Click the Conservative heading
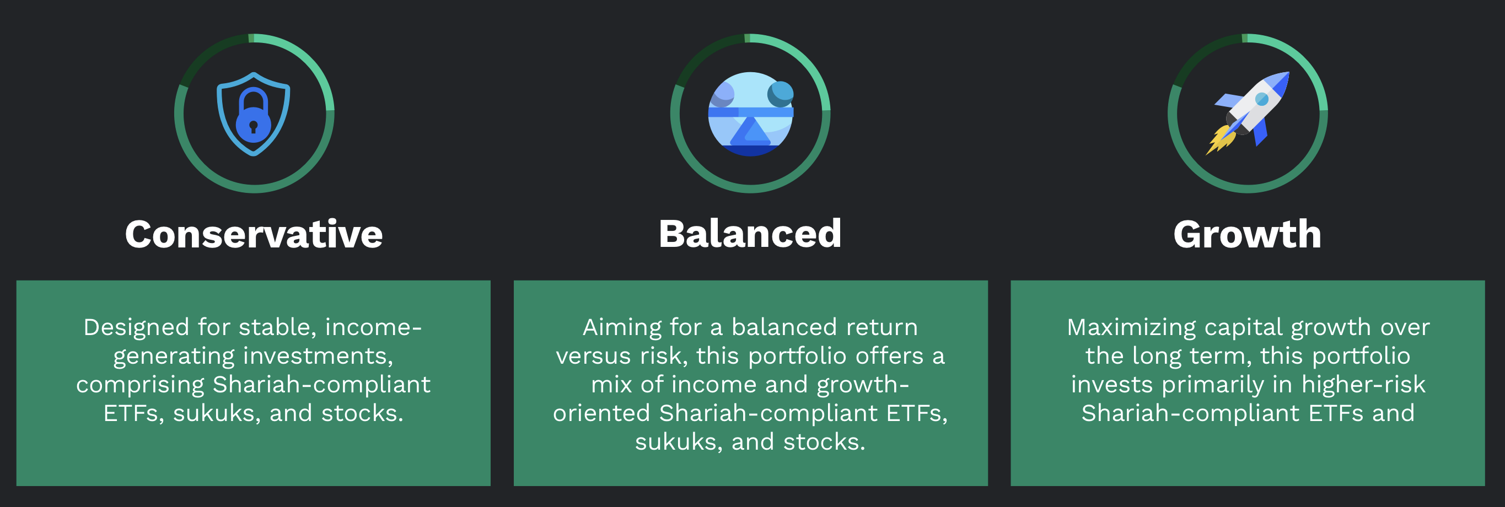(x=254, y=234)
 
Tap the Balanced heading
(x=750, y=234)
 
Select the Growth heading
(x=1248, y=234)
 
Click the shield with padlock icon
(x=254, y=114)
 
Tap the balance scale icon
(x=751, y=114)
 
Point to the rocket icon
(x=1248, y=113)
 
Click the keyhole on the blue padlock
(x=253, y=127)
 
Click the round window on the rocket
(x=1262, y=99)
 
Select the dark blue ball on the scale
(x=781, y=94)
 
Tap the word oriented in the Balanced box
(x=602, y=413)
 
